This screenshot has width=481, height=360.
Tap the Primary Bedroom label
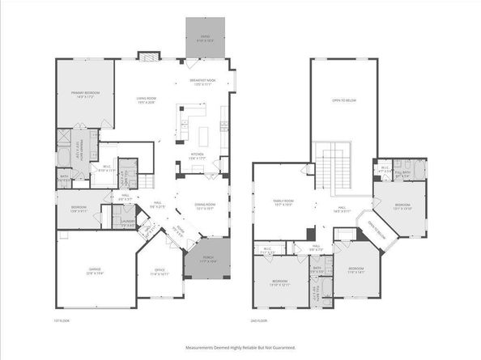click(x=84, y=95)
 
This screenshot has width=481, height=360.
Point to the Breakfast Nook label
click(x=202, y=82)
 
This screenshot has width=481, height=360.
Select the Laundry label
click(x=127, y=223)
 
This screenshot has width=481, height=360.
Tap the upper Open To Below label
click(x=343, y=100)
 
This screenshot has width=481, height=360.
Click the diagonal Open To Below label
click(x=380, y=230)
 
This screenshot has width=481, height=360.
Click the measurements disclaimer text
click(x=240, y=347)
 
